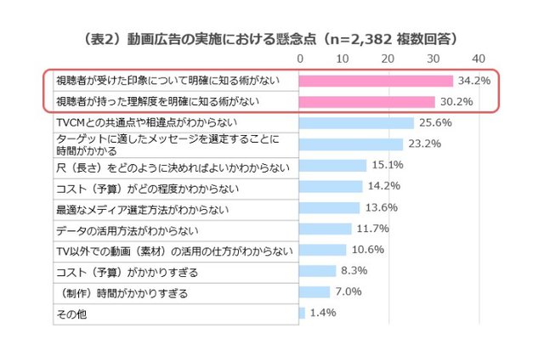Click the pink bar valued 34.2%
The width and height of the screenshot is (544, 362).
point(377,81)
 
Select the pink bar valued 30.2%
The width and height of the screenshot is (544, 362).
point(367,102)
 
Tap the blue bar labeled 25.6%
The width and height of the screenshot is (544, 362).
point(357,122)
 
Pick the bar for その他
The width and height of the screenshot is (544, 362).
point(303,314)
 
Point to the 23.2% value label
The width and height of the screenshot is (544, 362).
point(424,144)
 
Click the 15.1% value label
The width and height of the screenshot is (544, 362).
point(388,165)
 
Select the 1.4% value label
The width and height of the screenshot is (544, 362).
point(324,314)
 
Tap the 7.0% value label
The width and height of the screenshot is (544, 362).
point(349,292)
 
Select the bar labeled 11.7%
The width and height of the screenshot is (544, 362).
point(326,229)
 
